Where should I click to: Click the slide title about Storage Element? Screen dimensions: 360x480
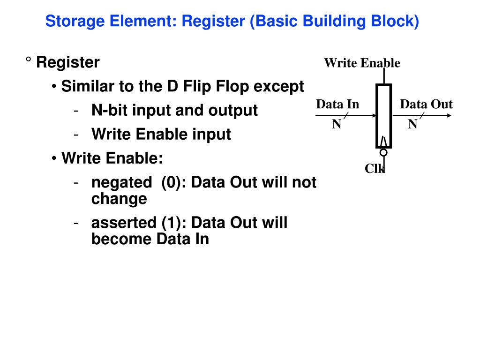[232, 21]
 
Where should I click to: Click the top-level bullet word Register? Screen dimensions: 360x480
[68, 62]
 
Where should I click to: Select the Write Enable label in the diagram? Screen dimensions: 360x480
[362, 63]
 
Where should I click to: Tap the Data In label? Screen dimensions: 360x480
[337, 104]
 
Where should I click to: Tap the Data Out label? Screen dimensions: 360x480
[426, 104]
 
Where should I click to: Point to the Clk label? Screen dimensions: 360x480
[375, 169]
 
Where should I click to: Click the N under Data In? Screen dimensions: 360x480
[337, 124]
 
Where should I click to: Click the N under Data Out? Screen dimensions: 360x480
[412, 124]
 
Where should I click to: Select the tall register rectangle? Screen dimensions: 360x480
[383, 116]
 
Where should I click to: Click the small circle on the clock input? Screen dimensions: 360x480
[383, 152]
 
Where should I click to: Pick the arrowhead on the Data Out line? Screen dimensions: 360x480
[449, 116]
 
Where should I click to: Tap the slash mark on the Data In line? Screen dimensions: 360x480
[346, 116]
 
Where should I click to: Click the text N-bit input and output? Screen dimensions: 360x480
[174, 111]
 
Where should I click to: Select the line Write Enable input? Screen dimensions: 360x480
[161, 135]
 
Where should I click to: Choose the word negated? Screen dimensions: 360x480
[121, 182]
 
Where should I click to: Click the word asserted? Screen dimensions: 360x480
[124, 223]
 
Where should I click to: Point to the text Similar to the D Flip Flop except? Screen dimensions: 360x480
[182, 87]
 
